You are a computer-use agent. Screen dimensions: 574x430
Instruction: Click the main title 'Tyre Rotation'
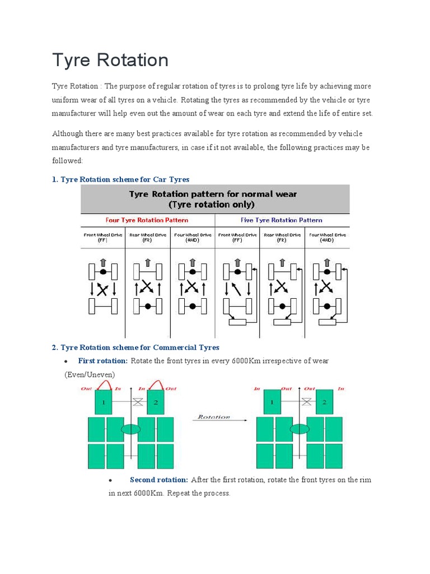point(110,60)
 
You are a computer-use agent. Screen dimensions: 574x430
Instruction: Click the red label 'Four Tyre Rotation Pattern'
point(147,220)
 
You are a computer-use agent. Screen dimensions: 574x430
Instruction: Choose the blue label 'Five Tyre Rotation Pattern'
point(282,220)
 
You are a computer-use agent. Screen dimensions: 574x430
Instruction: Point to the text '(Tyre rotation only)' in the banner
point(215,205)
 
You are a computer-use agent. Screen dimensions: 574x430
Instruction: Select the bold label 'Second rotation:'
point(159,480)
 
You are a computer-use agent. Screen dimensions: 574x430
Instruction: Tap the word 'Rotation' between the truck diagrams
point(214,417)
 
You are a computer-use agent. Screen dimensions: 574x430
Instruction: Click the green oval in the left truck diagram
point(130,429)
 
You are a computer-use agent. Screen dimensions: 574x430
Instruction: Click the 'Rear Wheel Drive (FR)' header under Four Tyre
point(147,237)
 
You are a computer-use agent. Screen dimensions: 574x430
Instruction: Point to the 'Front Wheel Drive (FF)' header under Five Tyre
point(237,237)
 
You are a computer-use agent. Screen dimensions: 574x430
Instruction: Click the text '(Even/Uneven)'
point(90,374)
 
